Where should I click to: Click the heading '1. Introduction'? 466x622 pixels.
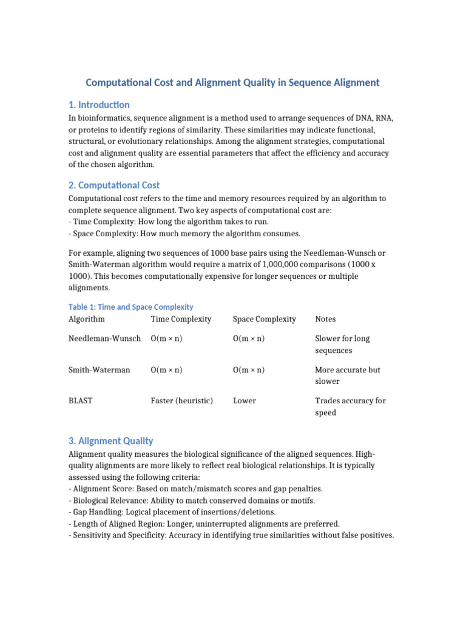point(99,104)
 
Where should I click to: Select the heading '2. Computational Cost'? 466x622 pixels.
point(114,185)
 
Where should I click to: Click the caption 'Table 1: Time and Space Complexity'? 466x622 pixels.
point(131,307)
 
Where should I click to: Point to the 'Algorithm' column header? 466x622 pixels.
point(87,319)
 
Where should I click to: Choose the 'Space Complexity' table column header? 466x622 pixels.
point(265,319)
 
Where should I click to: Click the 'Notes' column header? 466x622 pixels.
point(325,319)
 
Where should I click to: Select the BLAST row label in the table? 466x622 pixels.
point(81,401)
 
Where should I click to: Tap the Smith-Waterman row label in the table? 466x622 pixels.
point(100,370)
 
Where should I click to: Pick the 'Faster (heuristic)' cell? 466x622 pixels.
point(182,401)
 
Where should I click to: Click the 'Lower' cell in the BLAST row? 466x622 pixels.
point(245,401)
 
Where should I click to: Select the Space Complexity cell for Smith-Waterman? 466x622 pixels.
point(249,370)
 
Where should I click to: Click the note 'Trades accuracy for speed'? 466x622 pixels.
point(350,406)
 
